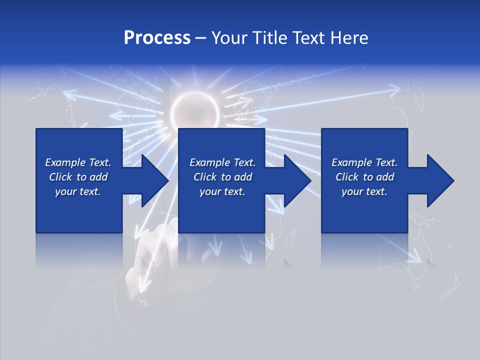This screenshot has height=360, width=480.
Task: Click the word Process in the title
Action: [157, 38]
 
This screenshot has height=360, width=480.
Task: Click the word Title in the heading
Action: [266, 38]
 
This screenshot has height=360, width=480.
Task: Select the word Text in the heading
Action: [307, 38]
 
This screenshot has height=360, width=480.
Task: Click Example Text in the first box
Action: [78, 162]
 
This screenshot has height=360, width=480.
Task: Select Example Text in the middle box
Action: [222, 162]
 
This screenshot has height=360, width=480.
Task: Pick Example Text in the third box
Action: [364, 162]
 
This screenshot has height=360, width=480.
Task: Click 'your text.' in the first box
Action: [78, 191]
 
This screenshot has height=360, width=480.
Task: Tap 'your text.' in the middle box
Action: [222, 191]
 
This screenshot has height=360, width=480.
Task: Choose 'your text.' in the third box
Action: [364, 191]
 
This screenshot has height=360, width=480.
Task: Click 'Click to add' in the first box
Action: [78, 177]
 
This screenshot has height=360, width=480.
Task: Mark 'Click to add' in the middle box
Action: [222, 177]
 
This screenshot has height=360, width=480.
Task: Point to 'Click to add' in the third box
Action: [364, 177]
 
